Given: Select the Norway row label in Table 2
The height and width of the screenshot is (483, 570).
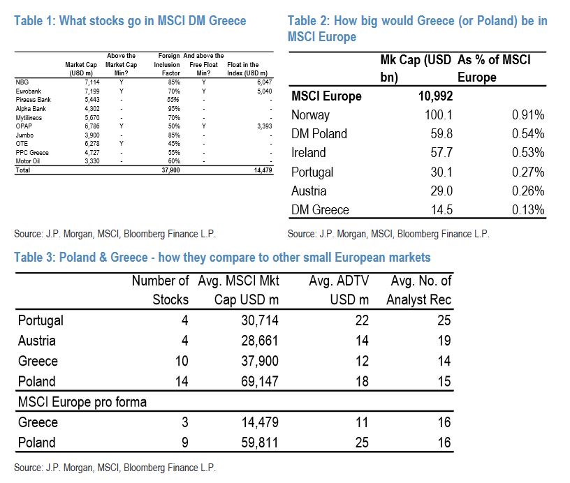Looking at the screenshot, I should (310, 115).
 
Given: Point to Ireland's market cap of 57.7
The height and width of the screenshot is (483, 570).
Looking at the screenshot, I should (434, 153).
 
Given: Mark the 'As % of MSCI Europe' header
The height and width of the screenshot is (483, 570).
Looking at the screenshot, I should (494, 68).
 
